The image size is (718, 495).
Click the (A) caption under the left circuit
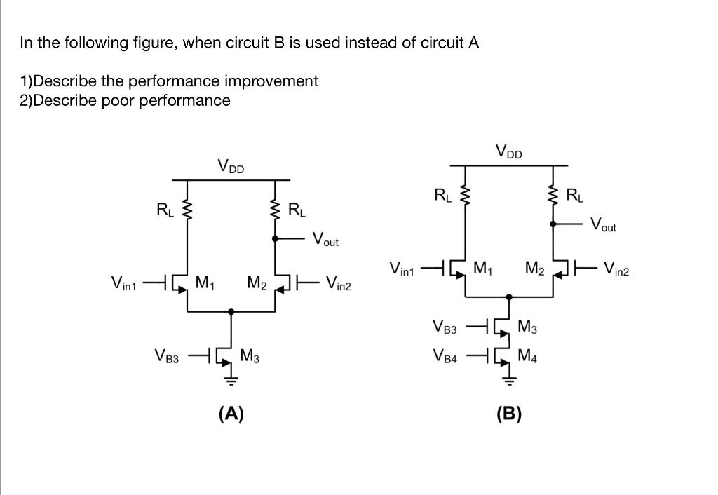point(231,414)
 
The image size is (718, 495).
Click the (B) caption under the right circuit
point(509,414)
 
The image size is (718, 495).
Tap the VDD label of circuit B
point(509,152)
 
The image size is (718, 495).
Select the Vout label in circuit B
point(604,225)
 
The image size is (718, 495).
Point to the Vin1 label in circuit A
point(125,284)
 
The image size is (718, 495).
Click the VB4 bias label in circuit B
point(445,358)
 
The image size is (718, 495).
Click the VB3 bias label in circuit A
point(166,357)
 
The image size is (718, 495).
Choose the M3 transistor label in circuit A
point(250,355)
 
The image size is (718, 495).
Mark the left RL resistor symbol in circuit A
point(187,208)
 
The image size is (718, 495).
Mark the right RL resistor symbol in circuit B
point(554,194)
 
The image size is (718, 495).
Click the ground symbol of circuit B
point(509,381)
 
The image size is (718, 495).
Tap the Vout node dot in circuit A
point(276,238)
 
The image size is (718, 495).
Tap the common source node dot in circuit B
point(509,297)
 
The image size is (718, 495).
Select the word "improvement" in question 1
point(276,81)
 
